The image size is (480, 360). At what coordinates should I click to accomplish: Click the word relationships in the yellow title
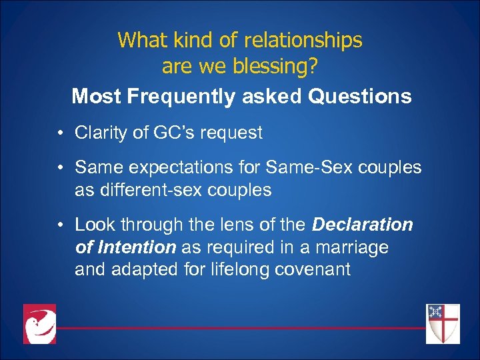[300, 41]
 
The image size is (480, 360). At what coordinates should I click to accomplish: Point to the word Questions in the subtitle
[359, 97]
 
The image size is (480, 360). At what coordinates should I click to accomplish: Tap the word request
[227, 133]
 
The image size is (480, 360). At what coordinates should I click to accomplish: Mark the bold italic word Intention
[135, 247]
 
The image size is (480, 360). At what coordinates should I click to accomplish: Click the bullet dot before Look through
[61, 225]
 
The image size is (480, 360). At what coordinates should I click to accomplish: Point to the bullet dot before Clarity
[61, 133]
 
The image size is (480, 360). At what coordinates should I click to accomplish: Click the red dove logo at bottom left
[40, 324]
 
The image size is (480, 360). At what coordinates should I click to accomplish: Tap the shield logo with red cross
[443, 324]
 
